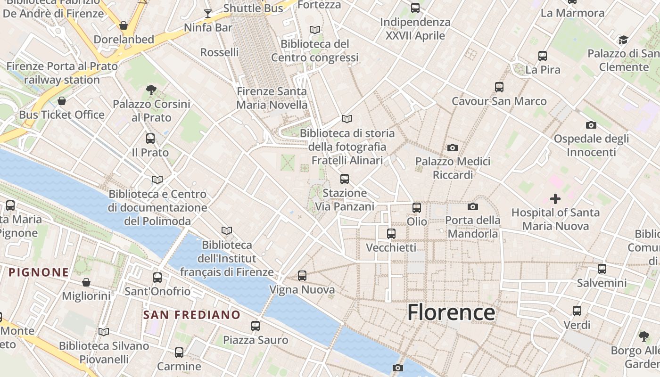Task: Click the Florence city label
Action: [x=451, y=312]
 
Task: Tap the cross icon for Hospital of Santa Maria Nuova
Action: [x=555, y=199]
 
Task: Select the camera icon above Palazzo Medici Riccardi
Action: [x=453, y=148]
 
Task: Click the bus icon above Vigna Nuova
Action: [x=302, y=275]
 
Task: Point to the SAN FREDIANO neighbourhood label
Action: [x=192, y=315]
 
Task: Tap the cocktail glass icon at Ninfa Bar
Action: [x=208, y=13]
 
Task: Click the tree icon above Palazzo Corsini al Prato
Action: [x=151, y=90]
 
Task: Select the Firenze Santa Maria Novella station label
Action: [x=272, y=98]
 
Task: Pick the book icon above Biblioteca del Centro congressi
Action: [x=315, y=30]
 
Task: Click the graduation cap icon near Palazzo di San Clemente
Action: [x=624, y=40]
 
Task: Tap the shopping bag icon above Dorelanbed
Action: [x=124, y=25]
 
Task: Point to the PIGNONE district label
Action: [x=39, y=272]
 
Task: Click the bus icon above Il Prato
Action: [x=150, y=139]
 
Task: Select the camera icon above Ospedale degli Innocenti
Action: [x=591, y=125]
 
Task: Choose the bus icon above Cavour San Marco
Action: [x=499, y=87]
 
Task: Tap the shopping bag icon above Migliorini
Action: [x=86, y=282]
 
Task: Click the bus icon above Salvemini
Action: [x=602, y=269]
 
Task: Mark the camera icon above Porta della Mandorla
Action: [x=473, y=206]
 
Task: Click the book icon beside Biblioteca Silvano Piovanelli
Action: [x=104, y=332]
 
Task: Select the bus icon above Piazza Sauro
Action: [x=256, y=326]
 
